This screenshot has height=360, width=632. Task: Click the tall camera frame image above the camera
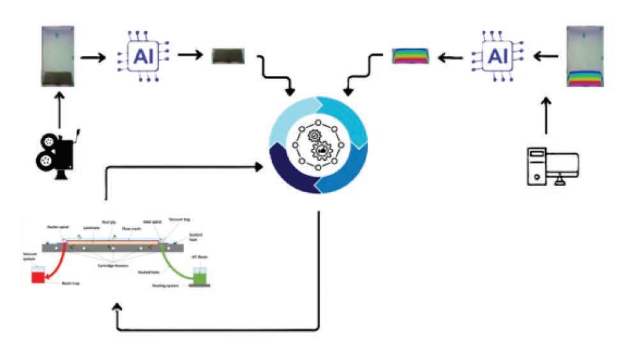(57, 56)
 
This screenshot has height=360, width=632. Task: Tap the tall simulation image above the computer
(585, 56)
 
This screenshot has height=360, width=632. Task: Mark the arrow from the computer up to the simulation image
(546, 116)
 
